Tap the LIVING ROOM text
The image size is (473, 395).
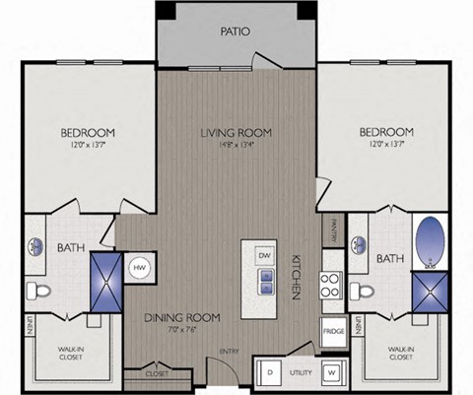point(236,132)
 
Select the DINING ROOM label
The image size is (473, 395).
point(181,317)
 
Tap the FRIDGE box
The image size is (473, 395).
point(333,331)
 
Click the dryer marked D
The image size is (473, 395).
point(269,372)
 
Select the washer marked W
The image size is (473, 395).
point(333,372)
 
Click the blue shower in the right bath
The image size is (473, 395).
point(430,290)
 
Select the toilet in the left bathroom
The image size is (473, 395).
point(38,290)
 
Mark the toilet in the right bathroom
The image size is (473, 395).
point(363,291)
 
